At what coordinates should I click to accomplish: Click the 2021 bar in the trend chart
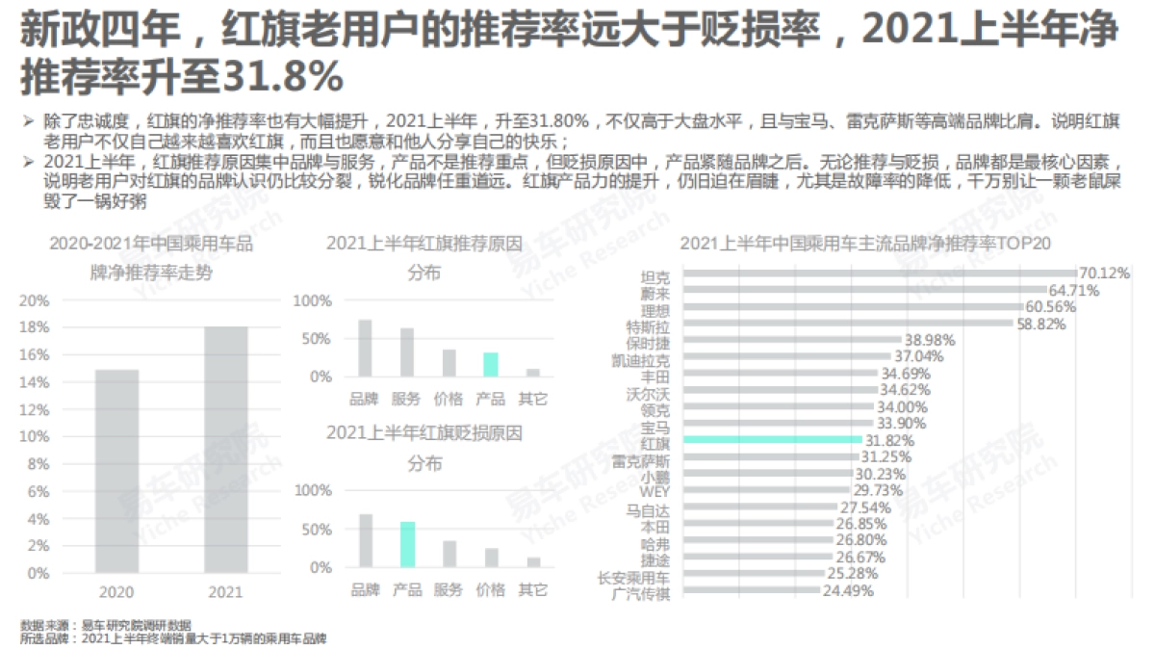(225, 450)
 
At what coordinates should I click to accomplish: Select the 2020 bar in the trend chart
(116, 471)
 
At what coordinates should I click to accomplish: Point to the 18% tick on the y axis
(36, 327)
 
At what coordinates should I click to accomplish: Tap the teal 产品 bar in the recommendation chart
(490, 364)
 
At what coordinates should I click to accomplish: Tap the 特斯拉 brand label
(647, 326)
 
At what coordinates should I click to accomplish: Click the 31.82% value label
(889, 440)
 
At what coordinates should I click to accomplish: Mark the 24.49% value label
(848, 591)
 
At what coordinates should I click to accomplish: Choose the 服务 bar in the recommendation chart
(406, 352)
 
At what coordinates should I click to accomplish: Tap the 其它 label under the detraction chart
(532, 589)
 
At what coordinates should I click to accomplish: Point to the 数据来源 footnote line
(106, 623)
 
